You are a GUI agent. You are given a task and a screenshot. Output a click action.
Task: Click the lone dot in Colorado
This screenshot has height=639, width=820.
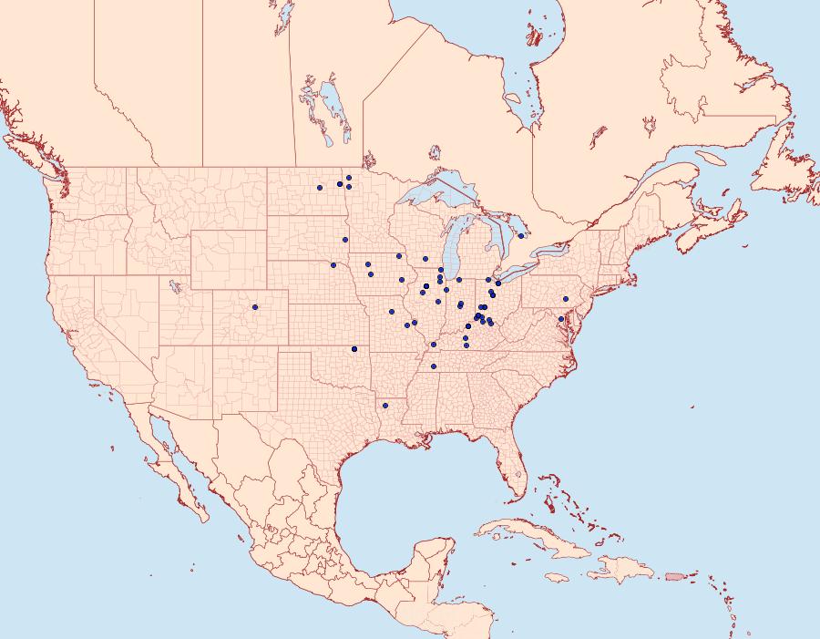coord(255,307)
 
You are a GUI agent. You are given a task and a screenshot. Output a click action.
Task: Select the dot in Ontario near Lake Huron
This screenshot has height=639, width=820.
coord(520,236)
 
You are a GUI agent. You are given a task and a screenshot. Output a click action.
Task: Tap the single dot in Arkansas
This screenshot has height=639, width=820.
coord(385,405)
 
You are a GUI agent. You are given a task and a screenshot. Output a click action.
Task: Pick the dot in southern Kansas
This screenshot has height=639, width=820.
coord(354,349)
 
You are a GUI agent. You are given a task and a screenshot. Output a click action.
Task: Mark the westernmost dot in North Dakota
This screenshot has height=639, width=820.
coord(320,188)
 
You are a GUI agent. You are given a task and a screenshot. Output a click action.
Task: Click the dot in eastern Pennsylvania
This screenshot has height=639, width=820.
coord(566,299)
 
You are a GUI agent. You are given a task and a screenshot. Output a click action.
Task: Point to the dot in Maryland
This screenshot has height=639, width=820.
coord(560,319)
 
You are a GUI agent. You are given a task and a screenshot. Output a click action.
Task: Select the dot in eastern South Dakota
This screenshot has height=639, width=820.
coord(345,240)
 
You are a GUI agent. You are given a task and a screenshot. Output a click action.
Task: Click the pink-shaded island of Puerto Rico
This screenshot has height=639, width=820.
coord(674,575)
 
